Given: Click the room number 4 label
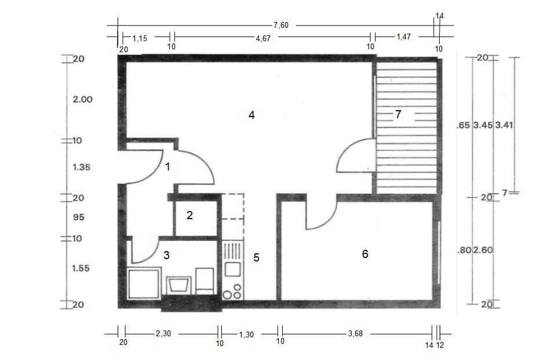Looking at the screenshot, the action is click(x=251, y=115).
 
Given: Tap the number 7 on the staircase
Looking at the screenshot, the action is click(x=398, y=114).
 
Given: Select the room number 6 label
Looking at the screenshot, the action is click(x=365, y=254).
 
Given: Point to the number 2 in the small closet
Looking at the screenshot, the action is click(x=189, y=215).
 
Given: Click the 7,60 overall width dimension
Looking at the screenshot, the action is click(x=280, y=25).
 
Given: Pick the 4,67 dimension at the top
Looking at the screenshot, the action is click(x=263, y=38).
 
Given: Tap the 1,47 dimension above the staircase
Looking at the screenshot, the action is click(x=404, y=37).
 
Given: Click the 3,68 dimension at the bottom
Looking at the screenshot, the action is click(x=356, y=333).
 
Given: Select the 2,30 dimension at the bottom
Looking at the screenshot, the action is click(x=163, y=333).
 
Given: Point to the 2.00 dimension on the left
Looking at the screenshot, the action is click(x=82, y=100).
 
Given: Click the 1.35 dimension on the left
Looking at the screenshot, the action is click(x=81, y=167).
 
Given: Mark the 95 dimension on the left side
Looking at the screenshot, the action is click(x=78, y=217).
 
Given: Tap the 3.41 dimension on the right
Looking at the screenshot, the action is click(x=504, y=125).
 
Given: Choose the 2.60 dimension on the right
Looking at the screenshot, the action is click(x=483, y=250).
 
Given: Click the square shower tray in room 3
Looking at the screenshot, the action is click(x=144, y=283).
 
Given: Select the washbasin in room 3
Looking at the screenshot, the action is click(x=178, y=285).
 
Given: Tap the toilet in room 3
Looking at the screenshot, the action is click(x=205, y=281).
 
